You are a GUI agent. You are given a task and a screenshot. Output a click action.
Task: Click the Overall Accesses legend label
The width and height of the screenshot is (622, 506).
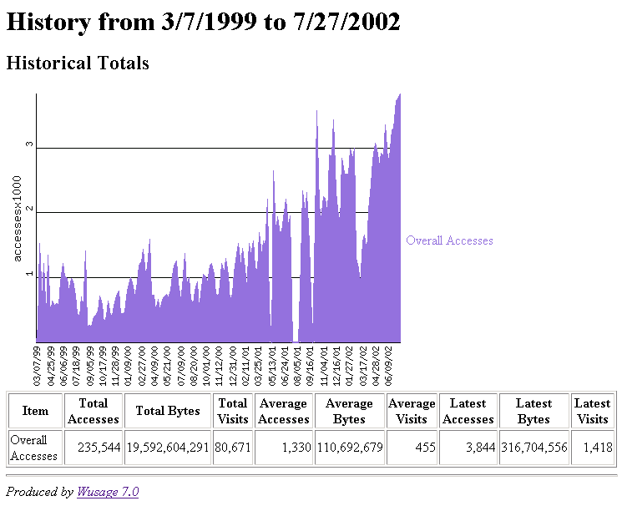[449, 240]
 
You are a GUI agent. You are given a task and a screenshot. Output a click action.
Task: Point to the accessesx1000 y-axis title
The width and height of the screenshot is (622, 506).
[18, 224]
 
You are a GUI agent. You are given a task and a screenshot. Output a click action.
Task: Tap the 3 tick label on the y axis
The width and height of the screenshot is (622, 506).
[29, 144]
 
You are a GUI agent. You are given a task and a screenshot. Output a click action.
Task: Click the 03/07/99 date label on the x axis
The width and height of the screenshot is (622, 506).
[38, 365]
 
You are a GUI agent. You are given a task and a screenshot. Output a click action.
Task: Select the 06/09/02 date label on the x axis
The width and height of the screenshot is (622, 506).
[388, 365]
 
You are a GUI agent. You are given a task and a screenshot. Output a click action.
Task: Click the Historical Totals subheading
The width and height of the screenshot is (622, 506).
[78, 63]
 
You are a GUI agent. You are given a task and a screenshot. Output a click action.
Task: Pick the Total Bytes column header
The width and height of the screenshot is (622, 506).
[168, 411]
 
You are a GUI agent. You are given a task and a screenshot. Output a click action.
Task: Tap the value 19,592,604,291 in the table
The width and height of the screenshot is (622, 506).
[168, 448]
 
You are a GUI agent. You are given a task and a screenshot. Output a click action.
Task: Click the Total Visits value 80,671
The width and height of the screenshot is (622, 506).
[233, 448]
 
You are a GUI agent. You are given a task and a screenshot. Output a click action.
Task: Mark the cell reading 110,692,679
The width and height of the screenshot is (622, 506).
[350, 448]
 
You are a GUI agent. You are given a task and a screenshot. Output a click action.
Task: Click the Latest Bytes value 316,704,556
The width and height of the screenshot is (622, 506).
[534, 448]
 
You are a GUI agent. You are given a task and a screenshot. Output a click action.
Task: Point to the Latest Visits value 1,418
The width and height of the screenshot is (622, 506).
[593, 448]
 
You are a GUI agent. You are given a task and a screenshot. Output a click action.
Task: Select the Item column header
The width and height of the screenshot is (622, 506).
[35, 411]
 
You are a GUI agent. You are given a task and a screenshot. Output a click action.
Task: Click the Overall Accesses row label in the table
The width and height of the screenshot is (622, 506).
[34, 448]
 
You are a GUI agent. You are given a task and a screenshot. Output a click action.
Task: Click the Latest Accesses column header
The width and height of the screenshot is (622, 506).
[468, 411]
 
